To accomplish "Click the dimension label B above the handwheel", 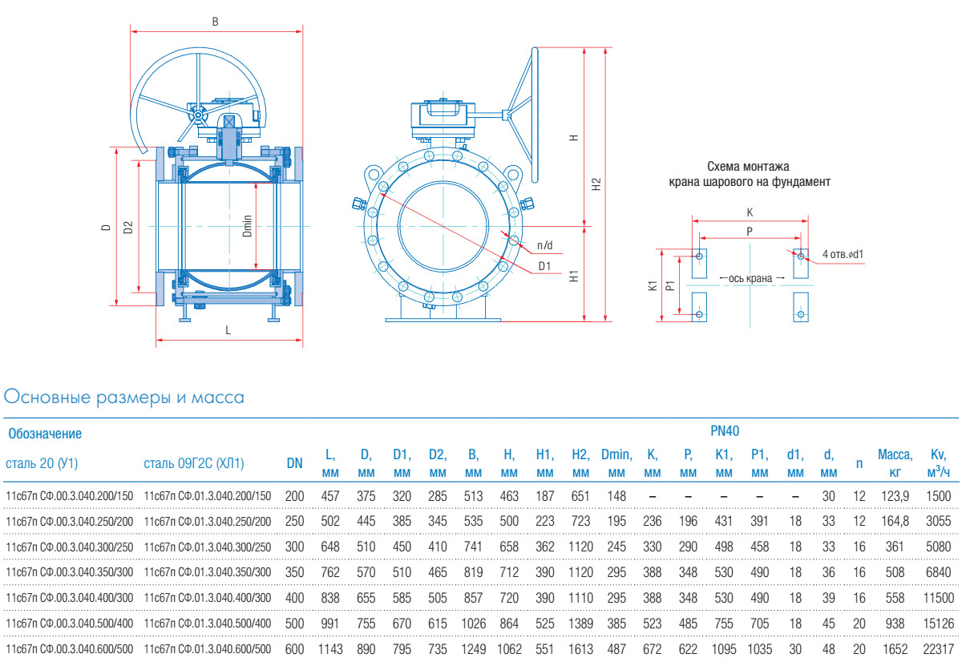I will coord(215,22).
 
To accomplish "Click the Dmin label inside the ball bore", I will coord(248,225).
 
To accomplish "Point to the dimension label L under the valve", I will coord(228,330).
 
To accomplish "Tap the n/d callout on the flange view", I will coord(545,244).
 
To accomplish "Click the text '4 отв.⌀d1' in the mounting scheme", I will coord(843,255).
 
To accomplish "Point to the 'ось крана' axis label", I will coord(751,278).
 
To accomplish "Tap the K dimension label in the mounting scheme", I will coord(750,213).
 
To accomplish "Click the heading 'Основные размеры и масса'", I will coord(124,397).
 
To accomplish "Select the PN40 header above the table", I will coord(725,431).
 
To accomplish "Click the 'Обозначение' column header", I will coord(45,434).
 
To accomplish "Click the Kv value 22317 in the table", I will coord(938,646).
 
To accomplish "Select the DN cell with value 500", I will coord(294,621).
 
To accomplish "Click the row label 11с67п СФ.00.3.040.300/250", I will coord(69,547).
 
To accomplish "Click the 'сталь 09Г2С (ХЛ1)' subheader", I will coord(194,463).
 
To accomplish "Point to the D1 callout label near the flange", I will coord(544,265).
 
